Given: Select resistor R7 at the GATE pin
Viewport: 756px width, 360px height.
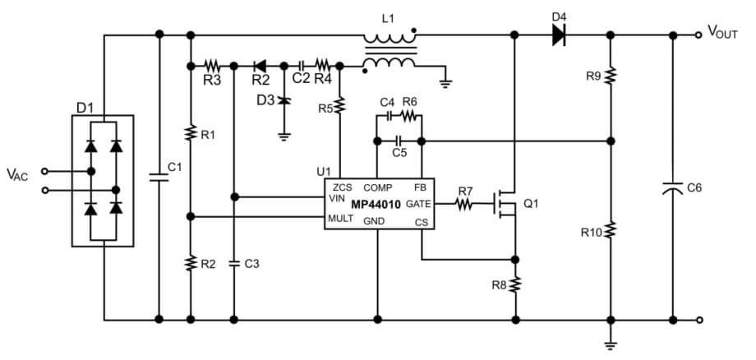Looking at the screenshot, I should point(465,204).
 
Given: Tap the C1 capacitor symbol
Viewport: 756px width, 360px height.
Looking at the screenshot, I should point(158,176).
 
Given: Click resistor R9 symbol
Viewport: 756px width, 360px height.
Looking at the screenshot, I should point(610,76).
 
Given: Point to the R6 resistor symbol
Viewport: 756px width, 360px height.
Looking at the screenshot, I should point(409,116).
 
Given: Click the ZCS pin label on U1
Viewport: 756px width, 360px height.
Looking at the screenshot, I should point(343,187).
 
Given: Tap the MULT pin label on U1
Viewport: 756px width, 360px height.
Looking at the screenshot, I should point(340,218).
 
